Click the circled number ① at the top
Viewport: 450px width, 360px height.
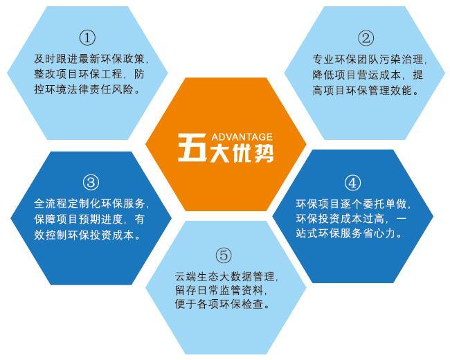tap(88, 37)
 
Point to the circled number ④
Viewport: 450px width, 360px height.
tap(352, 182)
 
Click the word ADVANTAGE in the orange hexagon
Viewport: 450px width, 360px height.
tap(242, 136)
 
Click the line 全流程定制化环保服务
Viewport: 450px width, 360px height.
tap(91, 204)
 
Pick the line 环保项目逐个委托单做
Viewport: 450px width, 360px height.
tap(352, 204)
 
